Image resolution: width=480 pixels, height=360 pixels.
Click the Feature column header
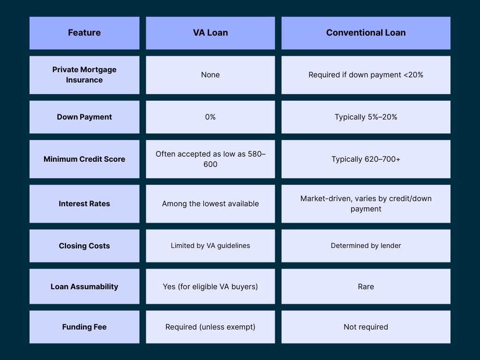click(x=84, y=33)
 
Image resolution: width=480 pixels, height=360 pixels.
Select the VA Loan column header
click(x=210, y=33)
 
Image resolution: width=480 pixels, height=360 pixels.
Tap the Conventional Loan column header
click(x=366, y=33)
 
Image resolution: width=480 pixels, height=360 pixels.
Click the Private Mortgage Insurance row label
click(x=84, y=75)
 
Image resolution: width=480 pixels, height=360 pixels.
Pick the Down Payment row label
click(x=84, y=117)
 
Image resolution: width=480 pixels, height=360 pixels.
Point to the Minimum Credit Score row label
click(x=84, y=159)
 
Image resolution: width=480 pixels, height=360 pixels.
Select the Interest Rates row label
click(x=84, y=203)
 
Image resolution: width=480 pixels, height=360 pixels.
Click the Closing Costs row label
click(x=84, y=246)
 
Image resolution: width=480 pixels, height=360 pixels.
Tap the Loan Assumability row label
click(x=84, y=286)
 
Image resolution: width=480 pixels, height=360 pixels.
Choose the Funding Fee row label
click(x=84, y=327)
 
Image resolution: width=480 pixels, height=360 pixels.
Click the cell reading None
click(x=210, y=75)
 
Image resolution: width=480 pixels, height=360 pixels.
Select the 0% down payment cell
click(x=210, y=117)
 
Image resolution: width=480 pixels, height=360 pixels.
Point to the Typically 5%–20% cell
click(x=366, y=117)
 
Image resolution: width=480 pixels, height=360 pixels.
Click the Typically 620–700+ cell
click(x=366, y=159)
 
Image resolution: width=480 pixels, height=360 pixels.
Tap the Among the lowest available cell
click(x=210, y=203)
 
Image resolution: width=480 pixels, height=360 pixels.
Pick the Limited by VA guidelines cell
click(x=210, y=246)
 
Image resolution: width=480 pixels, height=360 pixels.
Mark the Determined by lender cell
click(x=366, y=246)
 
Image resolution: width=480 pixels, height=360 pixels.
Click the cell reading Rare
click(x=366, y=286)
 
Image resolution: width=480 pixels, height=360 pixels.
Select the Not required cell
click(x=366, y=327)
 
